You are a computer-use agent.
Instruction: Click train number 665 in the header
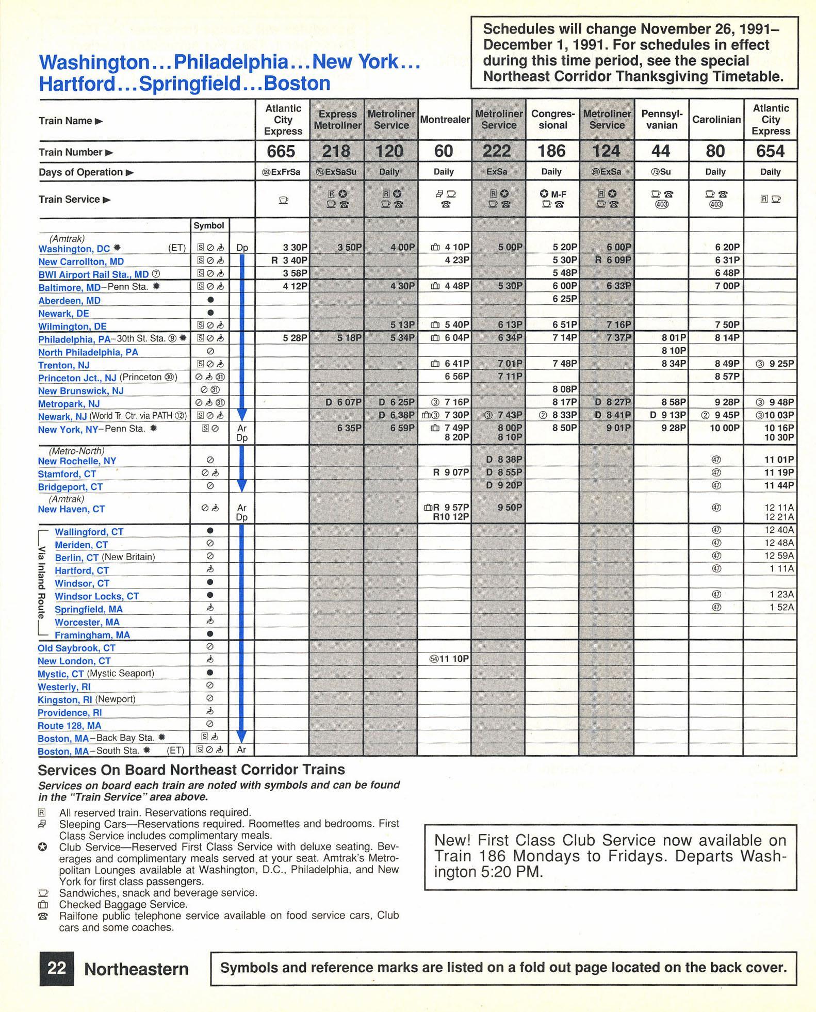click(281, 151)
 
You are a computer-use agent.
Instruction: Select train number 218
click(336, 151)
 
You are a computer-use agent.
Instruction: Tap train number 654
click(771, 151)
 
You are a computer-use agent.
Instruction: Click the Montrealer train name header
click(445, 120)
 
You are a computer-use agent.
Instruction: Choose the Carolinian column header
click(716, 120)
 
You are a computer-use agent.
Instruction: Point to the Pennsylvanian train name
click(662, 120)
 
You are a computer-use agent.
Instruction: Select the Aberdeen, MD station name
click(69, 301)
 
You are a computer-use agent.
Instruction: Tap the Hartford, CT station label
click(81, 570)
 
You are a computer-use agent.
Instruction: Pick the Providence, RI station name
click(70, 713)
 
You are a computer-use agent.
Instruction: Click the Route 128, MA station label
click(69, 726)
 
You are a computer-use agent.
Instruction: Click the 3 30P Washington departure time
click(295, 248)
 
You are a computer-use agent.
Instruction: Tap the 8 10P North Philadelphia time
click(674, 351)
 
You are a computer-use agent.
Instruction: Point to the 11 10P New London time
click(453, 659)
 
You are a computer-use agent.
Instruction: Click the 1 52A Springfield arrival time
click(781, 608)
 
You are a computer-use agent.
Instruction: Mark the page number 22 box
click(56, 968)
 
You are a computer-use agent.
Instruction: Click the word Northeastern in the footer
click(136, 969)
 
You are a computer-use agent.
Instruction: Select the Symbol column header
click(209, 225)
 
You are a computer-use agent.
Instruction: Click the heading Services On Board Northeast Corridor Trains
click(191, 770)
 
